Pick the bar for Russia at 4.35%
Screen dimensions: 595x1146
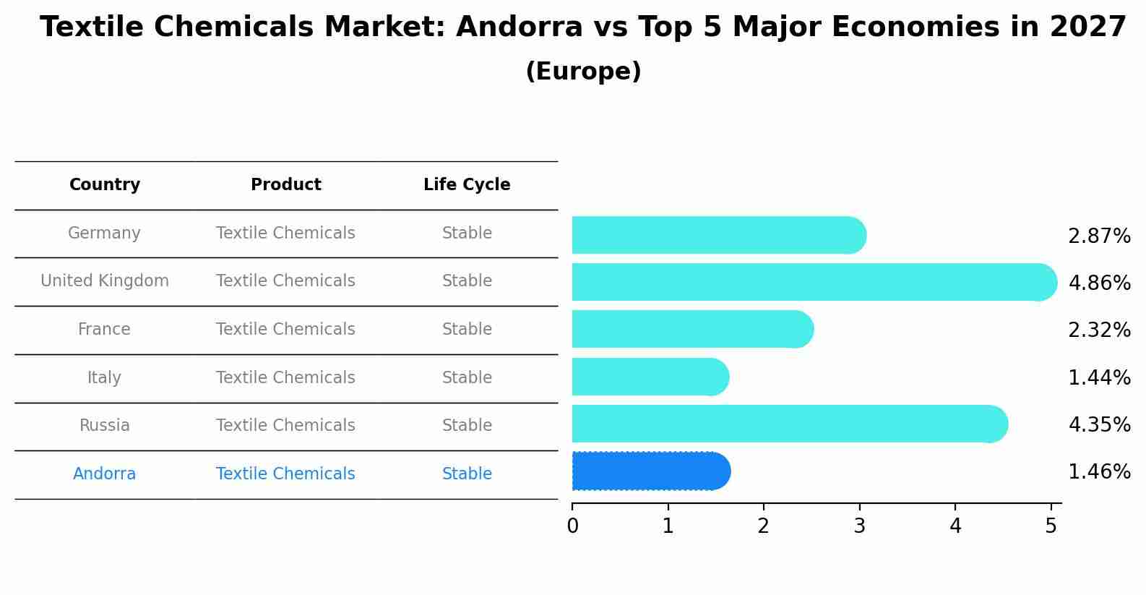tap(788, 424)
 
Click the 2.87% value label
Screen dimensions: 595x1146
tap(1098, 236)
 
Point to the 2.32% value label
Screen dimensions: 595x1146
tap(1098, 330)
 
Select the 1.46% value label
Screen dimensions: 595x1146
tap(1098, 472)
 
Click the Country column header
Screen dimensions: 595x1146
tap(105, 185)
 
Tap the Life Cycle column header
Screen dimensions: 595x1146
tap(467, 185)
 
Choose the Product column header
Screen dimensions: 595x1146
tap(285, 185)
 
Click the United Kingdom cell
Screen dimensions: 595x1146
tap(105, 281)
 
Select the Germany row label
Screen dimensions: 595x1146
tap(104, 234)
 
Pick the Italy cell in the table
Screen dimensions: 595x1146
tap(104, 377)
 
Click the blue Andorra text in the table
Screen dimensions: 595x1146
tap(104, 474)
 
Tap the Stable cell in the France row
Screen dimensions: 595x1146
tap(467, 330)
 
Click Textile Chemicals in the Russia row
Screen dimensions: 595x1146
tap(285, 426)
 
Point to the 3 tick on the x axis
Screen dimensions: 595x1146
tap(859, 526)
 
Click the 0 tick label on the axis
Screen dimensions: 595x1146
tap(572, 526)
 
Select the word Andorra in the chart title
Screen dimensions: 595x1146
tap(519, 28)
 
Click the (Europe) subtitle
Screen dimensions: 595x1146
tap(583, 72)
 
